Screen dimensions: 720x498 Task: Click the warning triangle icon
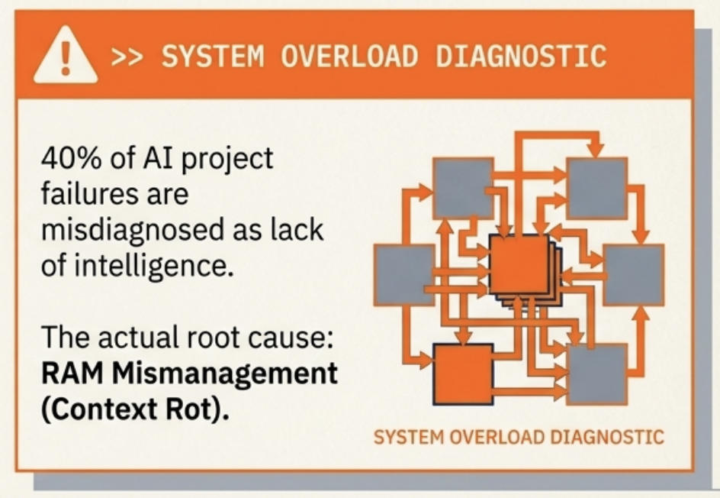tap(66, 56)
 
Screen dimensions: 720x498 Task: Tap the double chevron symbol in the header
tap(127, 57)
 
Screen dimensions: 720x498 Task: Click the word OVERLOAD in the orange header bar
tap(349, 56)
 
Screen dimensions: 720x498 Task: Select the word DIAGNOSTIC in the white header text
tap(521, 56)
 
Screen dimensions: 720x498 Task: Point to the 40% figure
tap(71, 158)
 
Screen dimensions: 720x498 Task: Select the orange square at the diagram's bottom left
tap(463, 374)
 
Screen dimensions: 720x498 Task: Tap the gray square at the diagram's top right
tap(597, 188)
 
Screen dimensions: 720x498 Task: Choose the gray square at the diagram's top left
tap(463, 188)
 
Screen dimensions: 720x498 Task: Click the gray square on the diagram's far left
tap(404, 275)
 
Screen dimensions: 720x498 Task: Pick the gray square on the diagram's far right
tap(634, 275)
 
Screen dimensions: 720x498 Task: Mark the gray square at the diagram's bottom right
tap(597, 374)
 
